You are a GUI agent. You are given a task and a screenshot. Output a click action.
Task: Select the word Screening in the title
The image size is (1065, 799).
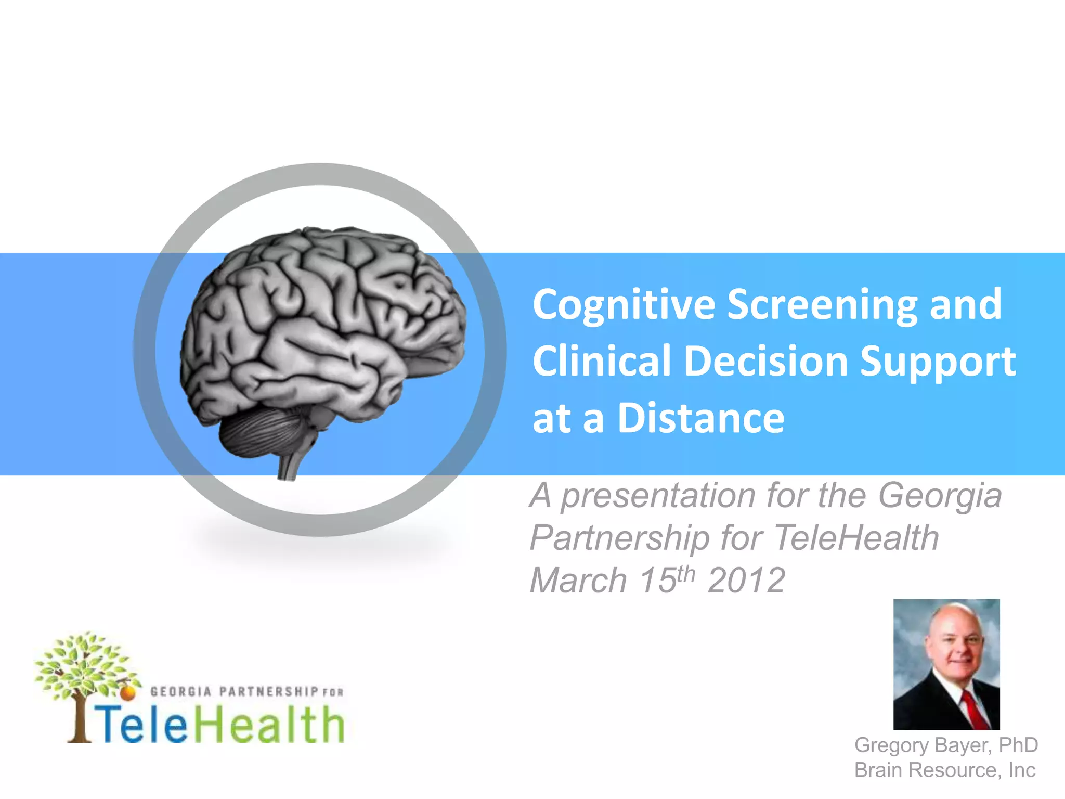pos(822,305)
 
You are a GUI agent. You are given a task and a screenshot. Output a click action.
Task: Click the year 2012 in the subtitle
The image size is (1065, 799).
pos(746,581)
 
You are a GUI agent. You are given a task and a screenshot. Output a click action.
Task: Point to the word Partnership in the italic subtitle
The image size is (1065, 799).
pos(619,538)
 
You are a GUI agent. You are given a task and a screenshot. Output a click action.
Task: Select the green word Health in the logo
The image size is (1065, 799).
pos(270,725)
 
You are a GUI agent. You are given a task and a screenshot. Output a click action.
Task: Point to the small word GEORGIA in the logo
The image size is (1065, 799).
pos(180,692)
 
